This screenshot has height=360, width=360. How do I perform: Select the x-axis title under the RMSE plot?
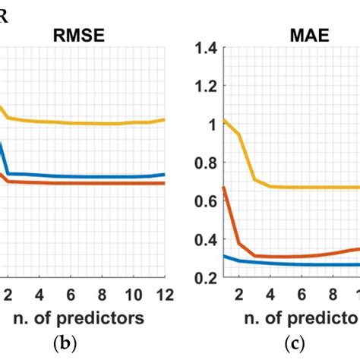tap(83, 316)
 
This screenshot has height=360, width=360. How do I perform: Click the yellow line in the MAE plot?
tap(304, 187)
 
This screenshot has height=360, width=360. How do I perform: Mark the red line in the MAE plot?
tap(304, 256)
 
